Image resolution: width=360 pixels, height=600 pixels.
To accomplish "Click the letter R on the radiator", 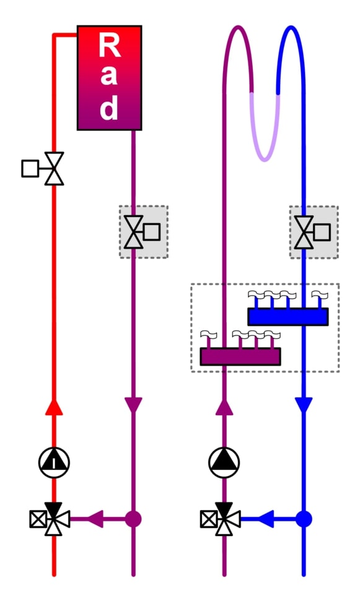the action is click(x=110, y=45).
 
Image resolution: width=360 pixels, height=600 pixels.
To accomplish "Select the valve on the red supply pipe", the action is click(x=54, y=169).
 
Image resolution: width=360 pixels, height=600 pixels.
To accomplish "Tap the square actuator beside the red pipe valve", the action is click(x=30, y=169).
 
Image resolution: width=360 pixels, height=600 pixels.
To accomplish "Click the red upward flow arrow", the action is click(x=54, y=407).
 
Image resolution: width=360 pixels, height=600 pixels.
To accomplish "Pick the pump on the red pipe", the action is click(x=54, y=462).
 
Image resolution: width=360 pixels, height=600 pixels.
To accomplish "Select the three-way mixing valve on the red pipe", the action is click(x=54, y=519).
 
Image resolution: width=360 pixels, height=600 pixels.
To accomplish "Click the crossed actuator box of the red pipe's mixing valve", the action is click(x=38, y=519).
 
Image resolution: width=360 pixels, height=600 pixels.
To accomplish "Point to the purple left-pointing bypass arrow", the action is click(x=95, y=519).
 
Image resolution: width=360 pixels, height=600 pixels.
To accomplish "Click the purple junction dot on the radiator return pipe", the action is click(x=133, y=519).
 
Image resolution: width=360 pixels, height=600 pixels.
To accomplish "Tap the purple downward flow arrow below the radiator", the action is click(x=133, y=405).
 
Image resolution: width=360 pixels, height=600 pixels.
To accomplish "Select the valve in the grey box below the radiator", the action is click(x=133, y=232).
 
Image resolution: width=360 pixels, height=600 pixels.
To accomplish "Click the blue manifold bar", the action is click(x=288, y=317).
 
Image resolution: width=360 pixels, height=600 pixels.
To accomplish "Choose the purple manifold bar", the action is click(x=240, y=356).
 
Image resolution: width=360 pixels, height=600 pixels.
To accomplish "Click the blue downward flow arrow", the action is click(x=304, y=405).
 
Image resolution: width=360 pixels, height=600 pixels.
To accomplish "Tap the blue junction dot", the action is click(x=304, y=519).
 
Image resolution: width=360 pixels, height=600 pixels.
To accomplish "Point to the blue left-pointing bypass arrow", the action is click(x=266, y=519).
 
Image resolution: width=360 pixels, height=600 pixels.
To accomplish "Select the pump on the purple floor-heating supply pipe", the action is click(x=224, y=462).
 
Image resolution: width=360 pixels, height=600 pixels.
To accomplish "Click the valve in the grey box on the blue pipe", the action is click(x=304, y=232).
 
